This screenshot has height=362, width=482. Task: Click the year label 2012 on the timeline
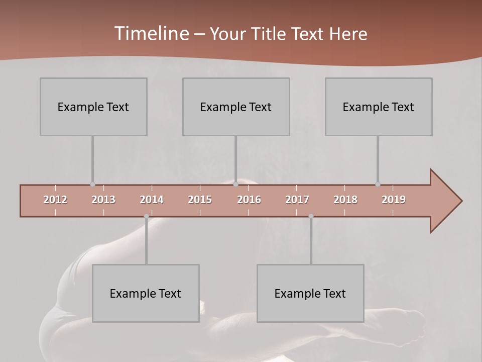55,200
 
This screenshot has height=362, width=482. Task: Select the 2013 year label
103,200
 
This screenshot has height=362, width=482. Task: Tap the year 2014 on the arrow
152,200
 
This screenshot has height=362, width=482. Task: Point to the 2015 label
200,200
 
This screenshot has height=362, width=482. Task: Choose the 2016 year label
249,200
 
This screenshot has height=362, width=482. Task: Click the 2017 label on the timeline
297,200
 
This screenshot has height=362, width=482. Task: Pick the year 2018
345,200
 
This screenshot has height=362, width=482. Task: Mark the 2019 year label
394,200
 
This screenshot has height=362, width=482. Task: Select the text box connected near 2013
93,107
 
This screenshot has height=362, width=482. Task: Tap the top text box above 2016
236,107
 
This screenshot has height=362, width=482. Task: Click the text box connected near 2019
379,107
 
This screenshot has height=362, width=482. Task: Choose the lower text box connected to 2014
146,293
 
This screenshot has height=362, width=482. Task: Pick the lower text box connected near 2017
310,293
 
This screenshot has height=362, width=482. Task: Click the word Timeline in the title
151,34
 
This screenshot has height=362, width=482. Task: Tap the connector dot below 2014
146,216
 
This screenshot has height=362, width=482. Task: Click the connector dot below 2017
311,216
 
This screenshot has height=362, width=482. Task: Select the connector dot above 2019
378,184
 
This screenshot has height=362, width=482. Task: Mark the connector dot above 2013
92,184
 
